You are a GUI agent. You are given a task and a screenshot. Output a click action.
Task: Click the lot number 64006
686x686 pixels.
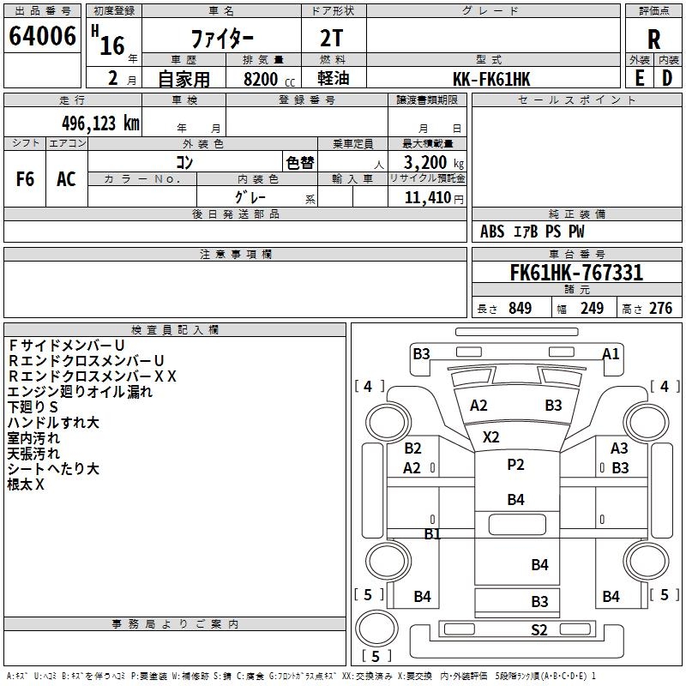pyautogui.click(x=43, y=35)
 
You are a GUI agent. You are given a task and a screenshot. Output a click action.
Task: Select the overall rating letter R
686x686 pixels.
pyautogui.click(x=653, y=39)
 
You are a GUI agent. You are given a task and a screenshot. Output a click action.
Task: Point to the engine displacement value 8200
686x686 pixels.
pyautogui.click(x=261, y=79)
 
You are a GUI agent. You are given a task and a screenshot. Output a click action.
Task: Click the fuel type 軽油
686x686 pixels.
pyautogui.click(x=334, y=79)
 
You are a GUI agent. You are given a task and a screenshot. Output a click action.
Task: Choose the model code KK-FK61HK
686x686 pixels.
pyautogui.click(x=491, y=79)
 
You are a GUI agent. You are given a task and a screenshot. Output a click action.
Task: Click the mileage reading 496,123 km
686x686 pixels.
pyautogui.click(x=100, y=123)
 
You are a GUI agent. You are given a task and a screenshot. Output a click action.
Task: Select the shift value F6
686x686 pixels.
pyautogui.click(x=26, y=178)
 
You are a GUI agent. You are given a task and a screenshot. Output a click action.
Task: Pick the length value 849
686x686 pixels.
pyautogui.click(x=520, y=309)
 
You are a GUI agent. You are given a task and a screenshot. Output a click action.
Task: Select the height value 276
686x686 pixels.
pyautogui.click(x=660, y=309)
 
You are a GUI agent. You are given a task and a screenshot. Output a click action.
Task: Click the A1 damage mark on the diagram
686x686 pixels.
pyautogui.click(x=611, y=353)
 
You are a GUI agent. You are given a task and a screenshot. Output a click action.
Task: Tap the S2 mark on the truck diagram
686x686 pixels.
pyautogui.click(x=539, y=630)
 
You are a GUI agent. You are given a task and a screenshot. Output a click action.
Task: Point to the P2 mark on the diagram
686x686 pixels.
pyautogui.click(x=515, y=465)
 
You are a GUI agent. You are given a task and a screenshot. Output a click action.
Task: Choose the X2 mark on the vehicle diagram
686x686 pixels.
pyautogui.click(x=490, y=436)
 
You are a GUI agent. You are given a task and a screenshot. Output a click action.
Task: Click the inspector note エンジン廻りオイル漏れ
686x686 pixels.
pyautogui.click(x=80, y=391)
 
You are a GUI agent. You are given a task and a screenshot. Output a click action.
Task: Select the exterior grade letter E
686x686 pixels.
pyautogui.click(x=639, y=78)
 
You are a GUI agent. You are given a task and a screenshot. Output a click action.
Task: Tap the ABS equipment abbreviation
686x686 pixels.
pyautogui.click(x=492, y=232)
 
